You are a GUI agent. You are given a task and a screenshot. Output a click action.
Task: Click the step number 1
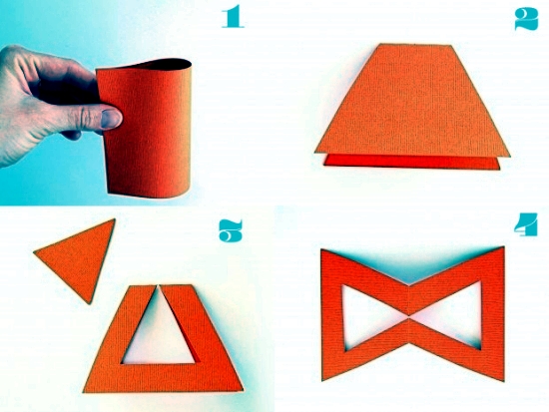pyautogui.click(x=233, y=16)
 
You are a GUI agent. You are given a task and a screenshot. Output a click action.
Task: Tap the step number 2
pyautogui.click(x=526, y=19)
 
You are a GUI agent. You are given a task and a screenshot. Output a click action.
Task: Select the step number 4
pyautogui.click(x=526, y=224)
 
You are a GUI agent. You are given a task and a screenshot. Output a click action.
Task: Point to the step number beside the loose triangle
pyautogui.click(x=231, y=231)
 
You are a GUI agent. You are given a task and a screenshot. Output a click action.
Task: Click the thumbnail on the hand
pyautogui.click(x=112, y=119)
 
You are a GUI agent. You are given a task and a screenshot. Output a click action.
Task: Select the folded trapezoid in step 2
pyautogui.click(x=412, y=101)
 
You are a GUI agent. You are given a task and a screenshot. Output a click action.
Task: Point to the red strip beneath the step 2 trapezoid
pyautogui.click(x=411, y=162)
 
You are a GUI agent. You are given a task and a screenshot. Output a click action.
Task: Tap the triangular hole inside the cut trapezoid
pyautogui.click(x=159, y=332)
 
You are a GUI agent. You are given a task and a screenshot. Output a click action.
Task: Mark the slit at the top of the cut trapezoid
pyautogui.click(x=159, y=287)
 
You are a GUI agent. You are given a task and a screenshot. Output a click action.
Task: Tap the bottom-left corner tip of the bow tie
pyautogui.click(x=322, y=380)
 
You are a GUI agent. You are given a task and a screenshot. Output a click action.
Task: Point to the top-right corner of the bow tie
pyautogui.click(x=504, y=247)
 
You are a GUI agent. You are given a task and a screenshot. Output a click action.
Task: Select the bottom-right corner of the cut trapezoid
pyautogui.click(x=243, y=390)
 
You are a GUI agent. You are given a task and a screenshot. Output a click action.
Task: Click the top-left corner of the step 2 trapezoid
pyautogui.click(x=380, y=44)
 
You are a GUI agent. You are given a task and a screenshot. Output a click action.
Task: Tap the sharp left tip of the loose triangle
pyautogui.click(x=34, y=251)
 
